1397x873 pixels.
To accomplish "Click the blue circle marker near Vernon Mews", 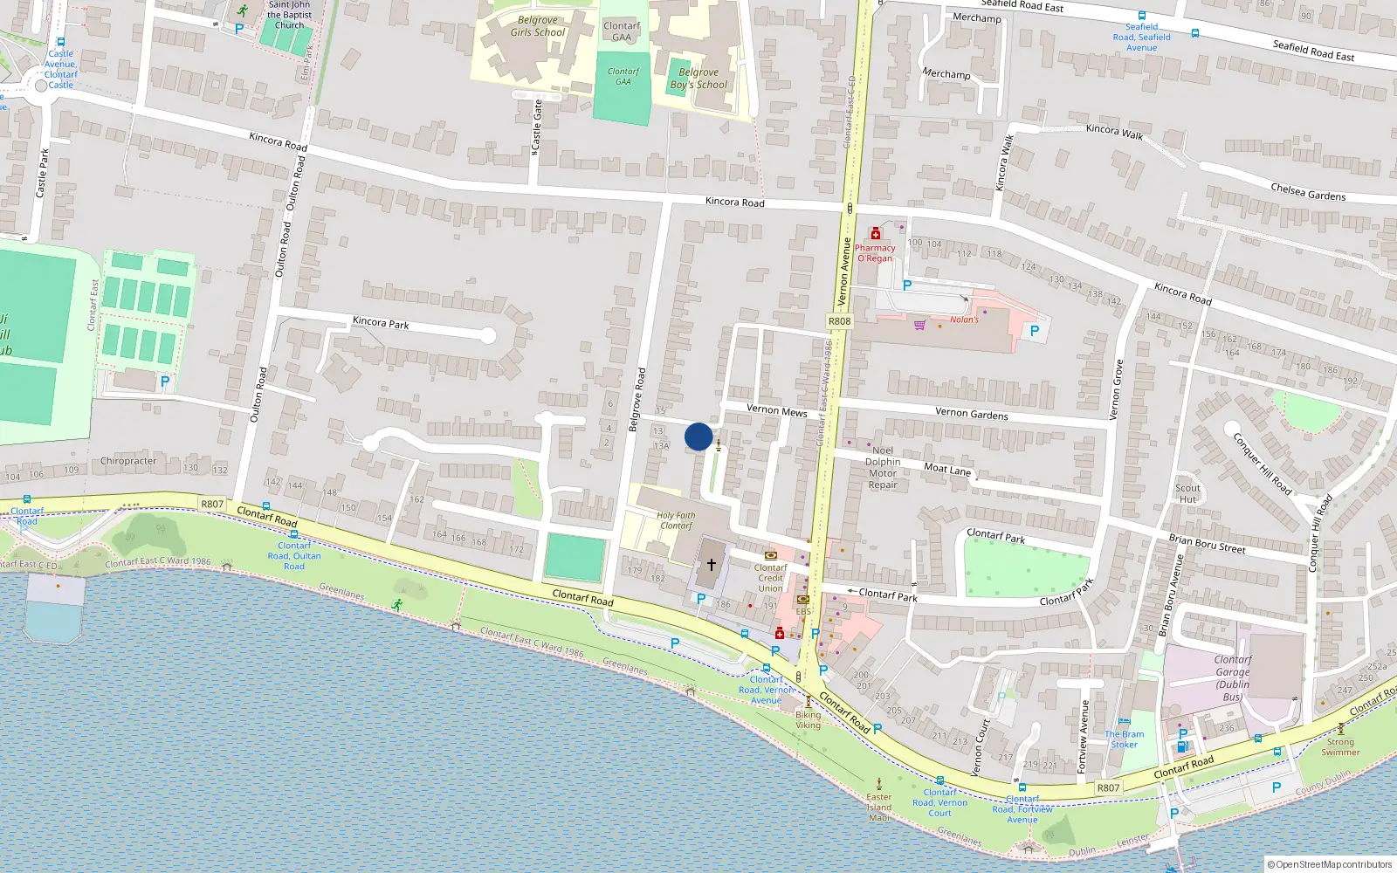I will pyautogui.click(x=698, y=436).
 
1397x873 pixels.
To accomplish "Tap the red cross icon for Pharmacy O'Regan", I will pyautogui.click(x=875, y=233).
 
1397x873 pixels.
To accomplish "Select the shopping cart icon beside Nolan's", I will pyautogui.click(x=919, y=326).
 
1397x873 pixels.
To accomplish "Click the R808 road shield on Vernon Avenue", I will pyautogui.click(x=839, y=321).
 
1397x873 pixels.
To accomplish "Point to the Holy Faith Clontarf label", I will pyautogui.click(x=676, y=520).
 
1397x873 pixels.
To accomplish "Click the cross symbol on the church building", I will pyautogui.click(x=712, y=565).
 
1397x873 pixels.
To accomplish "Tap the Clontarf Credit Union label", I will pyautogui.click(x=770, y=578).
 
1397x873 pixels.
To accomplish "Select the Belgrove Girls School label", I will pyautogui.click(x=538, y=26).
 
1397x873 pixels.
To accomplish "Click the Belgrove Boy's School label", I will pyautogui.click(x=698, y=79).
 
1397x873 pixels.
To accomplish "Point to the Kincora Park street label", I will pyautogui.click(x=381, y=322).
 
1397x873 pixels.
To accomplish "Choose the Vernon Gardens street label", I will pyautogui.click(x=971, y=413).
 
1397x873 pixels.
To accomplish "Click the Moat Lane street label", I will pyautogui.click(x=947, y=469).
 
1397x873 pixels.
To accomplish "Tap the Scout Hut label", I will pyautogui.click(x=1187, y=494).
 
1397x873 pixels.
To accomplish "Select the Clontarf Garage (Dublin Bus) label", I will pyautogui.click(x=1232, y=678).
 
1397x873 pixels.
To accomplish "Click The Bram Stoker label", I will pyautogui.click(x=1124, y=739).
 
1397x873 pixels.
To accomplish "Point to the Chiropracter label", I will pyautogui.click(x=128, y=461).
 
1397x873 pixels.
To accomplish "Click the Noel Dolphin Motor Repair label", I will pyautogui.click(x=883, y=468).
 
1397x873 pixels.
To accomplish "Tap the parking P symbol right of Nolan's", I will pyautogui.click(x=1035, y=331).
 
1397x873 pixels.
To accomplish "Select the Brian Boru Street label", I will pyautogui.click(x=1207, y=543).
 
